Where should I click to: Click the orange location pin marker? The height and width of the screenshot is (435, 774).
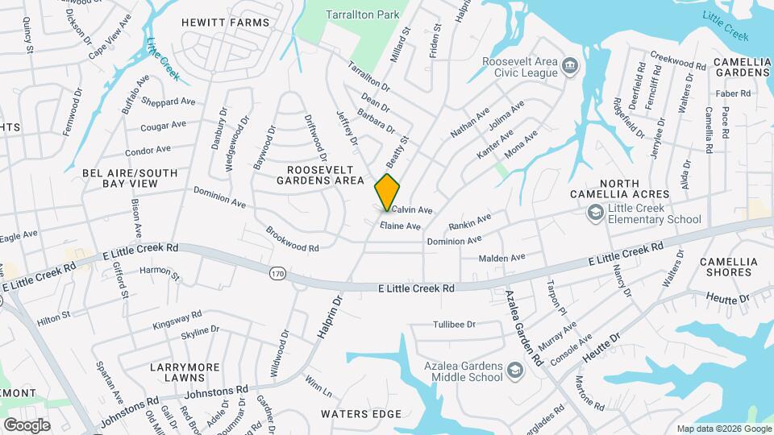(387, 192)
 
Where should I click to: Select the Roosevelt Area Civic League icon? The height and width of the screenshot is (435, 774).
(571, 65)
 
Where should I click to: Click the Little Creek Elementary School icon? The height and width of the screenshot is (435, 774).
(595, 213)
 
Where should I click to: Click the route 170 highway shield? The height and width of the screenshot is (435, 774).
(277, 273)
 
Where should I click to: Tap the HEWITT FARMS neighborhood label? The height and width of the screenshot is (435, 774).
(225, 22)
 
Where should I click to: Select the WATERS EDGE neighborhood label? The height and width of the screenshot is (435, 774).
(360, 414)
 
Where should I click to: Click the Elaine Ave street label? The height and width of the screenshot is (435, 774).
(401, 226)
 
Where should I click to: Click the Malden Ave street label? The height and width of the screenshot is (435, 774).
(501, 258)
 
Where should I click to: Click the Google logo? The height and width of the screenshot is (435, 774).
(27, 425)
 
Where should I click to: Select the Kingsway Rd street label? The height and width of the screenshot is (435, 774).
(176, 321)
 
